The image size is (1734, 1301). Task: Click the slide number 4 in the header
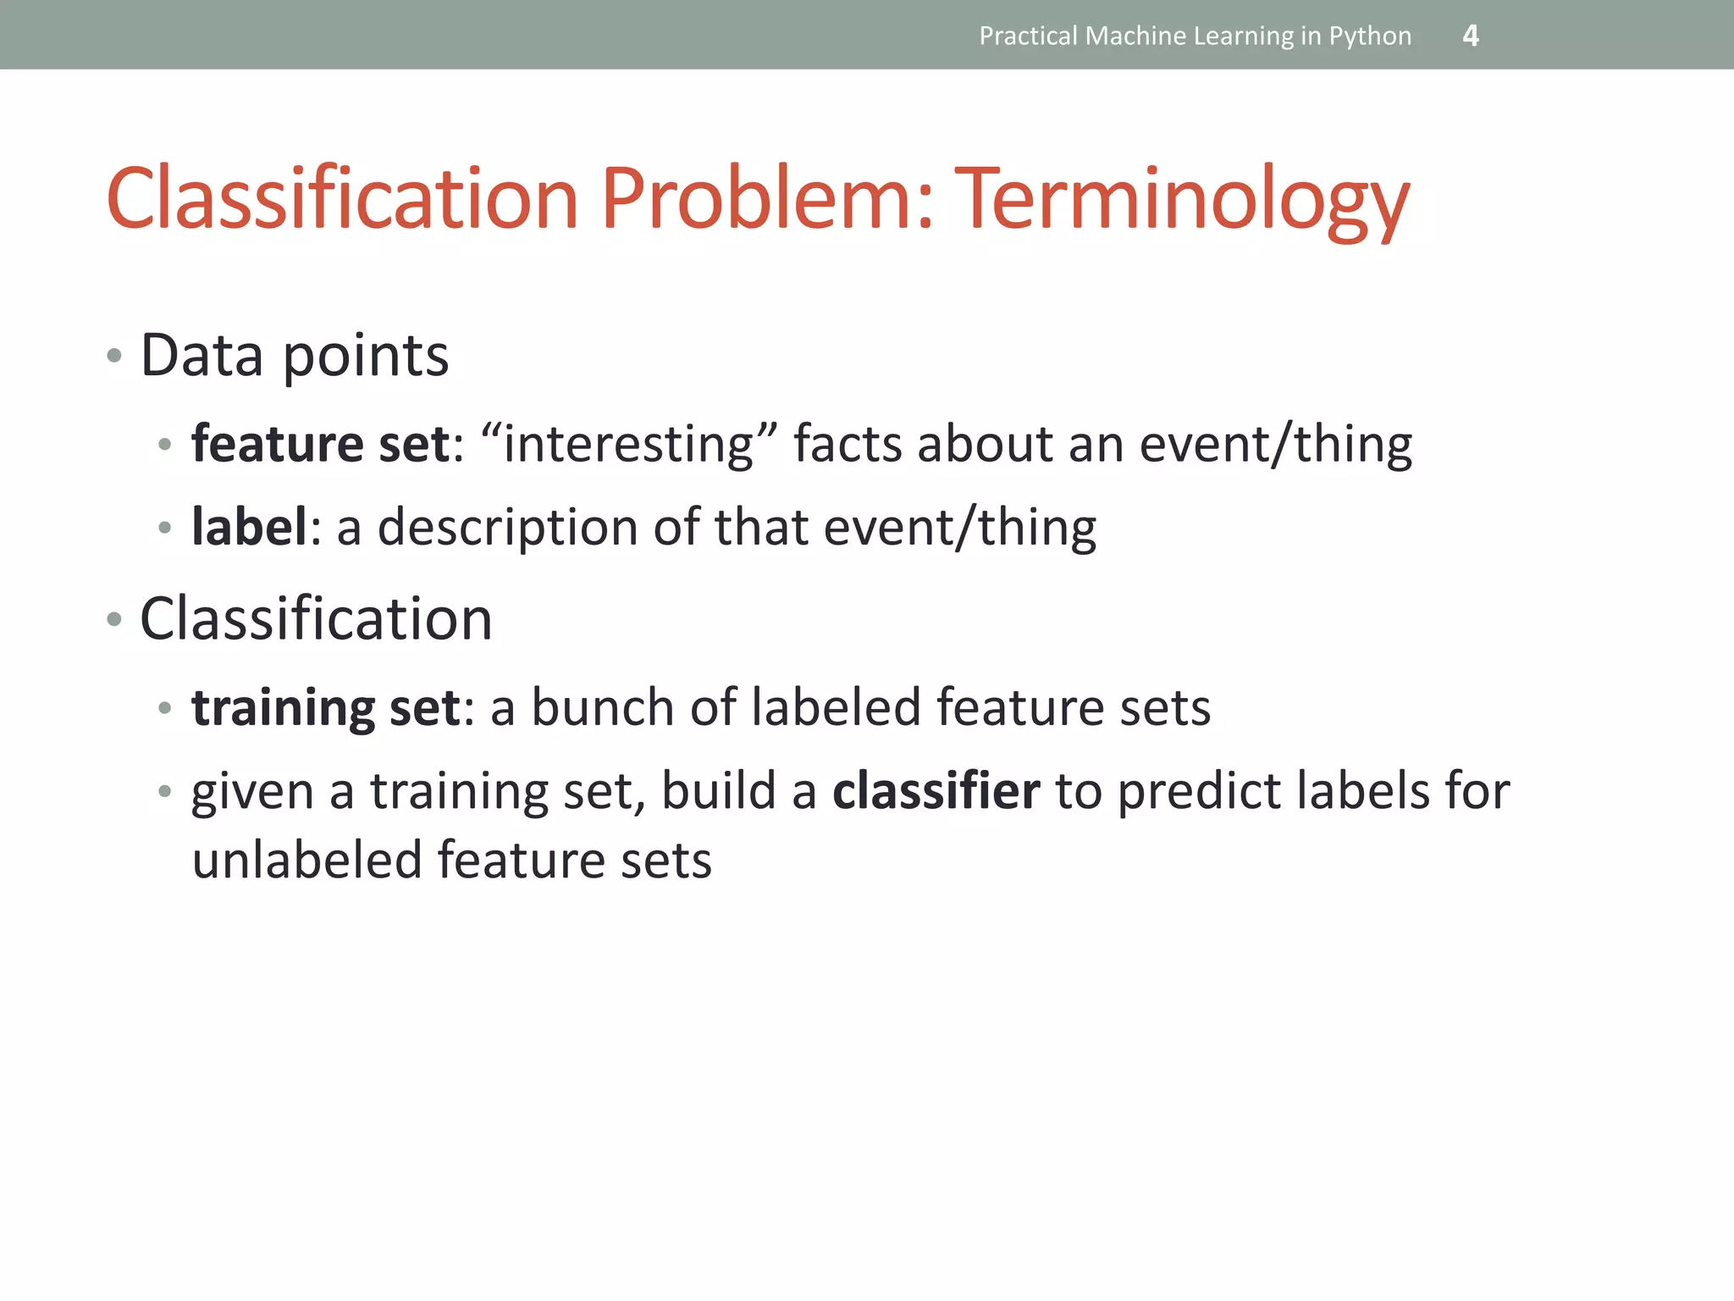[1471, 36]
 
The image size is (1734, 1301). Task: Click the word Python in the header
[1370, 36]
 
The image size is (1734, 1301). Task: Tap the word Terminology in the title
[1181, 200]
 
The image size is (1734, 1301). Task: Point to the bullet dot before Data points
[114, 356]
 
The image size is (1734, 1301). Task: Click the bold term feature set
[320, 444]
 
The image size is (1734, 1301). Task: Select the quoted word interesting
[628, 444]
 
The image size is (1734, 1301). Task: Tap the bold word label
[249, 527]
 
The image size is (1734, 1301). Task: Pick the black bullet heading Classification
[316, 619]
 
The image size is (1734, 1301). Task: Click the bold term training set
[325, 707]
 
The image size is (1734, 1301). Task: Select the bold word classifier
[936, 791]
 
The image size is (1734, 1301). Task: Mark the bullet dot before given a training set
[165, 792]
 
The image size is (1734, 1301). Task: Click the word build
[718, 791]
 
